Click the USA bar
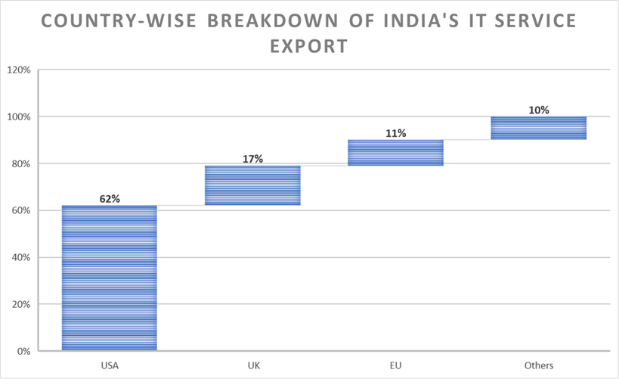[109, 278]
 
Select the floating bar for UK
[252, 185]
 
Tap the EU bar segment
[395, 152]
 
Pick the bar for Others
[538, 128]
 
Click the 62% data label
[110, 199]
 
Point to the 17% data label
[252, 159]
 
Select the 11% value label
[395, 133]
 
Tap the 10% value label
[538, 110]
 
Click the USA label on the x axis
[109, 366]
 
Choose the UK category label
[252, 366]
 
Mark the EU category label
[395, 366]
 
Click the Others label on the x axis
[538, 366]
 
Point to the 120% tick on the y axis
[18, 70]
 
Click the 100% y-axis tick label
[18, 117]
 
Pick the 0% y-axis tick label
[22, 351]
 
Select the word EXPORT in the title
[309, 45]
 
